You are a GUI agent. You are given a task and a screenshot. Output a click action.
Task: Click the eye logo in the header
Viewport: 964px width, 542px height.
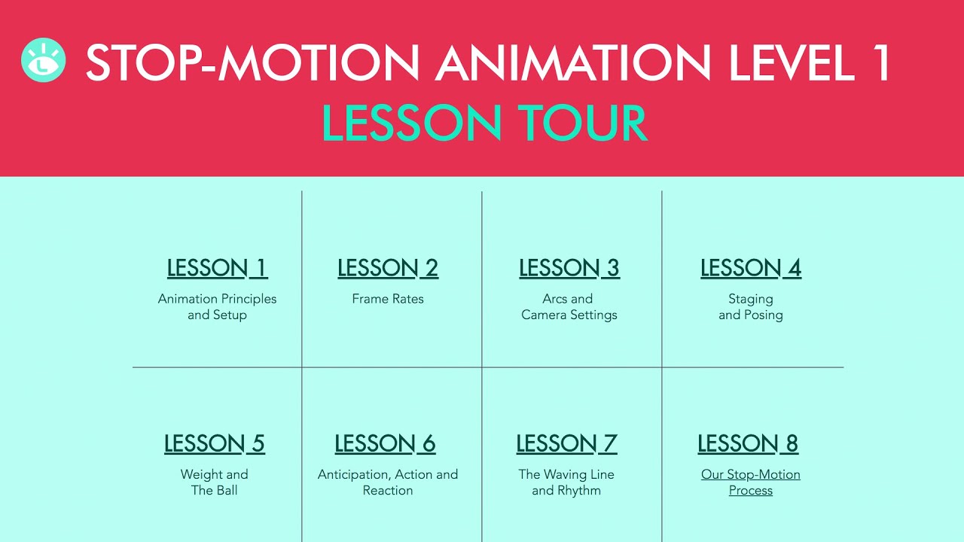[x=44, y=60]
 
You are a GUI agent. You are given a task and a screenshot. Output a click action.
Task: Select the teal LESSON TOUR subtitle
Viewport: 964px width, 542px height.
[x=484, y=123]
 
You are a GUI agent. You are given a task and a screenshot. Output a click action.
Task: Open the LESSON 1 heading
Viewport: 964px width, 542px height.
[x=217, y=268]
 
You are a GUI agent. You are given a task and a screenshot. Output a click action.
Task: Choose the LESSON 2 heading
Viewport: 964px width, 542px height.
[x=388, y=268]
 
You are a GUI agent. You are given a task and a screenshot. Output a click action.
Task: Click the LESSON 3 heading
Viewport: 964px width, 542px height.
[x=569, y=268]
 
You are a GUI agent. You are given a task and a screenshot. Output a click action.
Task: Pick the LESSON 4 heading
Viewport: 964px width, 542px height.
[x=751, y=268]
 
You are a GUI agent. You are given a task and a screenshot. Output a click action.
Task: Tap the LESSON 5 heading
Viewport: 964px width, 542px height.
[x=215, y=444]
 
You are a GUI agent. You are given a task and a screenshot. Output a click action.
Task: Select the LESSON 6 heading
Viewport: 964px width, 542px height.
[x=385, y=444]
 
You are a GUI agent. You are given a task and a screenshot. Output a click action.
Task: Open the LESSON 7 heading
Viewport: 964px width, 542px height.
[x=566, y=444]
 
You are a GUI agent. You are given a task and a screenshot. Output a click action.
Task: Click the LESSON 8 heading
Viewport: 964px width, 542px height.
[x=748, y=444]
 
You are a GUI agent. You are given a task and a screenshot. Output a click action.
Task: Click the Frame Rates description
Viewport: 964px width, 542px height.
[x=388, y=299]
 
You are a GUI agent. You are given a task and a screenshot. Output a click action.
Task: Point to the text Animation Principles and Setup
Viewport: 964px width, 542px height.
[x=217, y=307]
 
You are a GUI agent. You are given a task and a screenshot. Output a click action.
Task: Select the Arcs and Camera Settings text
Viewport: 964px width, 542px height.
[x=569, y=307]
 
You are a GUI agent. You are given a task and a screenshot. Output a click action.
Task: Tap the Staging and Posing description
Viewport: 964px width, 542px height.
[x=751, y=307]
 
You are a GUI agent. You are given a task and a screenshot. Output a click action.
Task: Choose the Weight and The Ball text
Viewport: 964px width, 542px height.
[x=215, y=483]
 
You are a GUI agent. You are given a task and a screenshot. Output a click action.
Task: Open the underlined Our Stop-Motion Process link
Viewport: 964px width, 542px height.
[x=751, y=483]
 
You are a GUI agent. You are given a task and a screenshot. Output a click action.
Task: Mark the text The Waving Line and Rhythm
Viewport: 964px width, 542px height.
[x=566, y=483]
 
